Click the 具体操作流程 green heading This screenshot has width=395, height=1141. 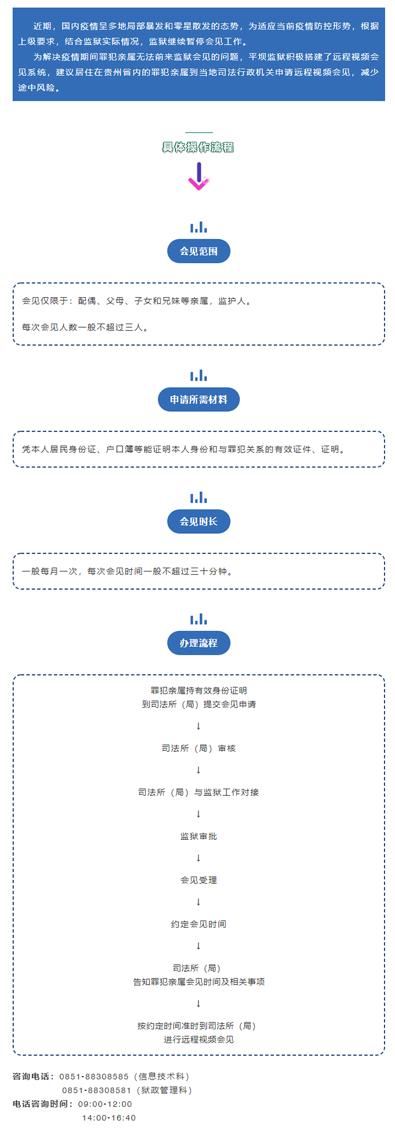click(198, 147)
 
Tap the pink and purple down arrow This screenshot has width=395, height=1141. click(199, 176)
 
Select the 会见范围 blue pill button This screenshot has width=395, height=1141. click(199, 251)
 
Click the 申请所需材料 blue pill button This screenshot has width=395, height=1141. click(199, 400)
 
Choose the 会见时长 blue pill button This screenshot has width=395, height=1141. click(199, 522)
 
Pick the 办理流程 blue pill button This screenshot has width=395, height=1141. click(199, 643)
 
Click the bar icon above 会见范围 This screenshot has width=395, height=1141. click(199, 227)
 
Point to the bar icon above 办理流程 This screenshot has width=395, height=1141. click(199, 619)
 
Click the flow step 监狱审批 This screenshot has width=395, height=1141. click(199, 836)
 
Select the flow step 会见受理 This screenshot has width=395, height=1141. click(199, 880)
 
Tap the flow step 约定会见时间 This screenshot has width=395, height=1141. click(199, 924)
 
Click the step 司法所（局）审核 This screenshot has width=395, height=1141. click(199, 748)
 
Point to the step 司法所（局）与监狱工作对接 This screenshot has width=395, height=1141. click(199, 792)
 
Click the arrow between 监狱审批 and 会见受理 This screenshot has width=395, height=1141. click(199, 858)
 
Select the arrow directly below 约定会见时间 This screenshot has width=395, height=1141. click(199, 946)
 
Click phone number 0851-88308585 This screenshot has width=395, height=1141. click(94, 1076)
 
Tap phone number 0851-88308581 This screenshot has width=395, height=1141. click(97, 1090)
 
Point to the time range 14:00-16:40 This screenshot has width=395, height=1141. click(109, 1117)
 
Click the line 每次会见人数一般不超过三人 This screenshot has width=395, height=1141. click(85, 327)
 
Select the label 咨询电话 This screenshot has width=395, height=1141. click(34, 1076)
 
